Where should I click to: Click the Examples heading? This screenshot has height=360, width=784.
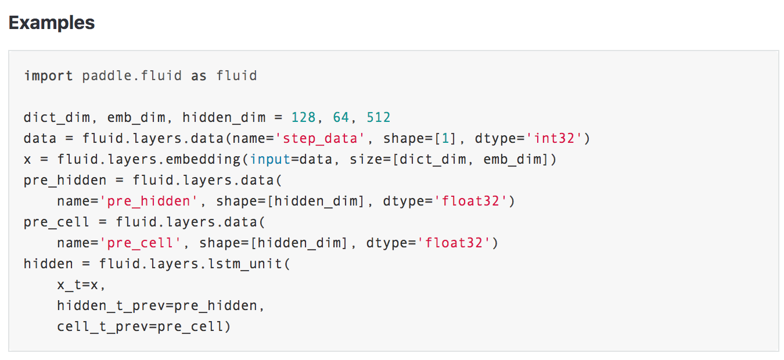pos(52,23)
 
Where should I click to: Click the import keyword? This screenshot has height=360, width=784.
pos(48,75)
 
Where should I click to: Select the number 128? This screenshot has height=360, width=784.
pos(303,118)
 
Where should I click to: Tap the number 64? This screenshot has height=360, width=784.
pos(341,118)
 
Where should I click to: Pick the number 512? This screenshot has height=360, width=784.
pos(379,118)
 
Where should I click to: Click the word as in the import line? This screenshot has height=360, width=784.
pos(199,75)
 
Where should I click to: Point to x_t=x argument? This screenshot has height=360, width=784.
pos(81,285)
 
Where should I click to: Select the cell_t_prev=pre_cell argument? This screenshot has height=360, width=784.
pos(144,327)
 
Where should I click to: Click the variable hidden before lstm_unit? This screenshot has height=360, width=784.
pos(48,264)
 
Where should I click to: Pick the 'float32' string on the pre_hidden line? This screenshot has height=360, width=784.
pos(474,201)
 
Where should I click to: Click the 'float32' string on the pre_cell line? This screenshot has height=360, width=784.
pos(458,243)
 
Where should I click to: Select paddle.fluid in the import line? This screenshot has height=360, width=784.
pos(132,75)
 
